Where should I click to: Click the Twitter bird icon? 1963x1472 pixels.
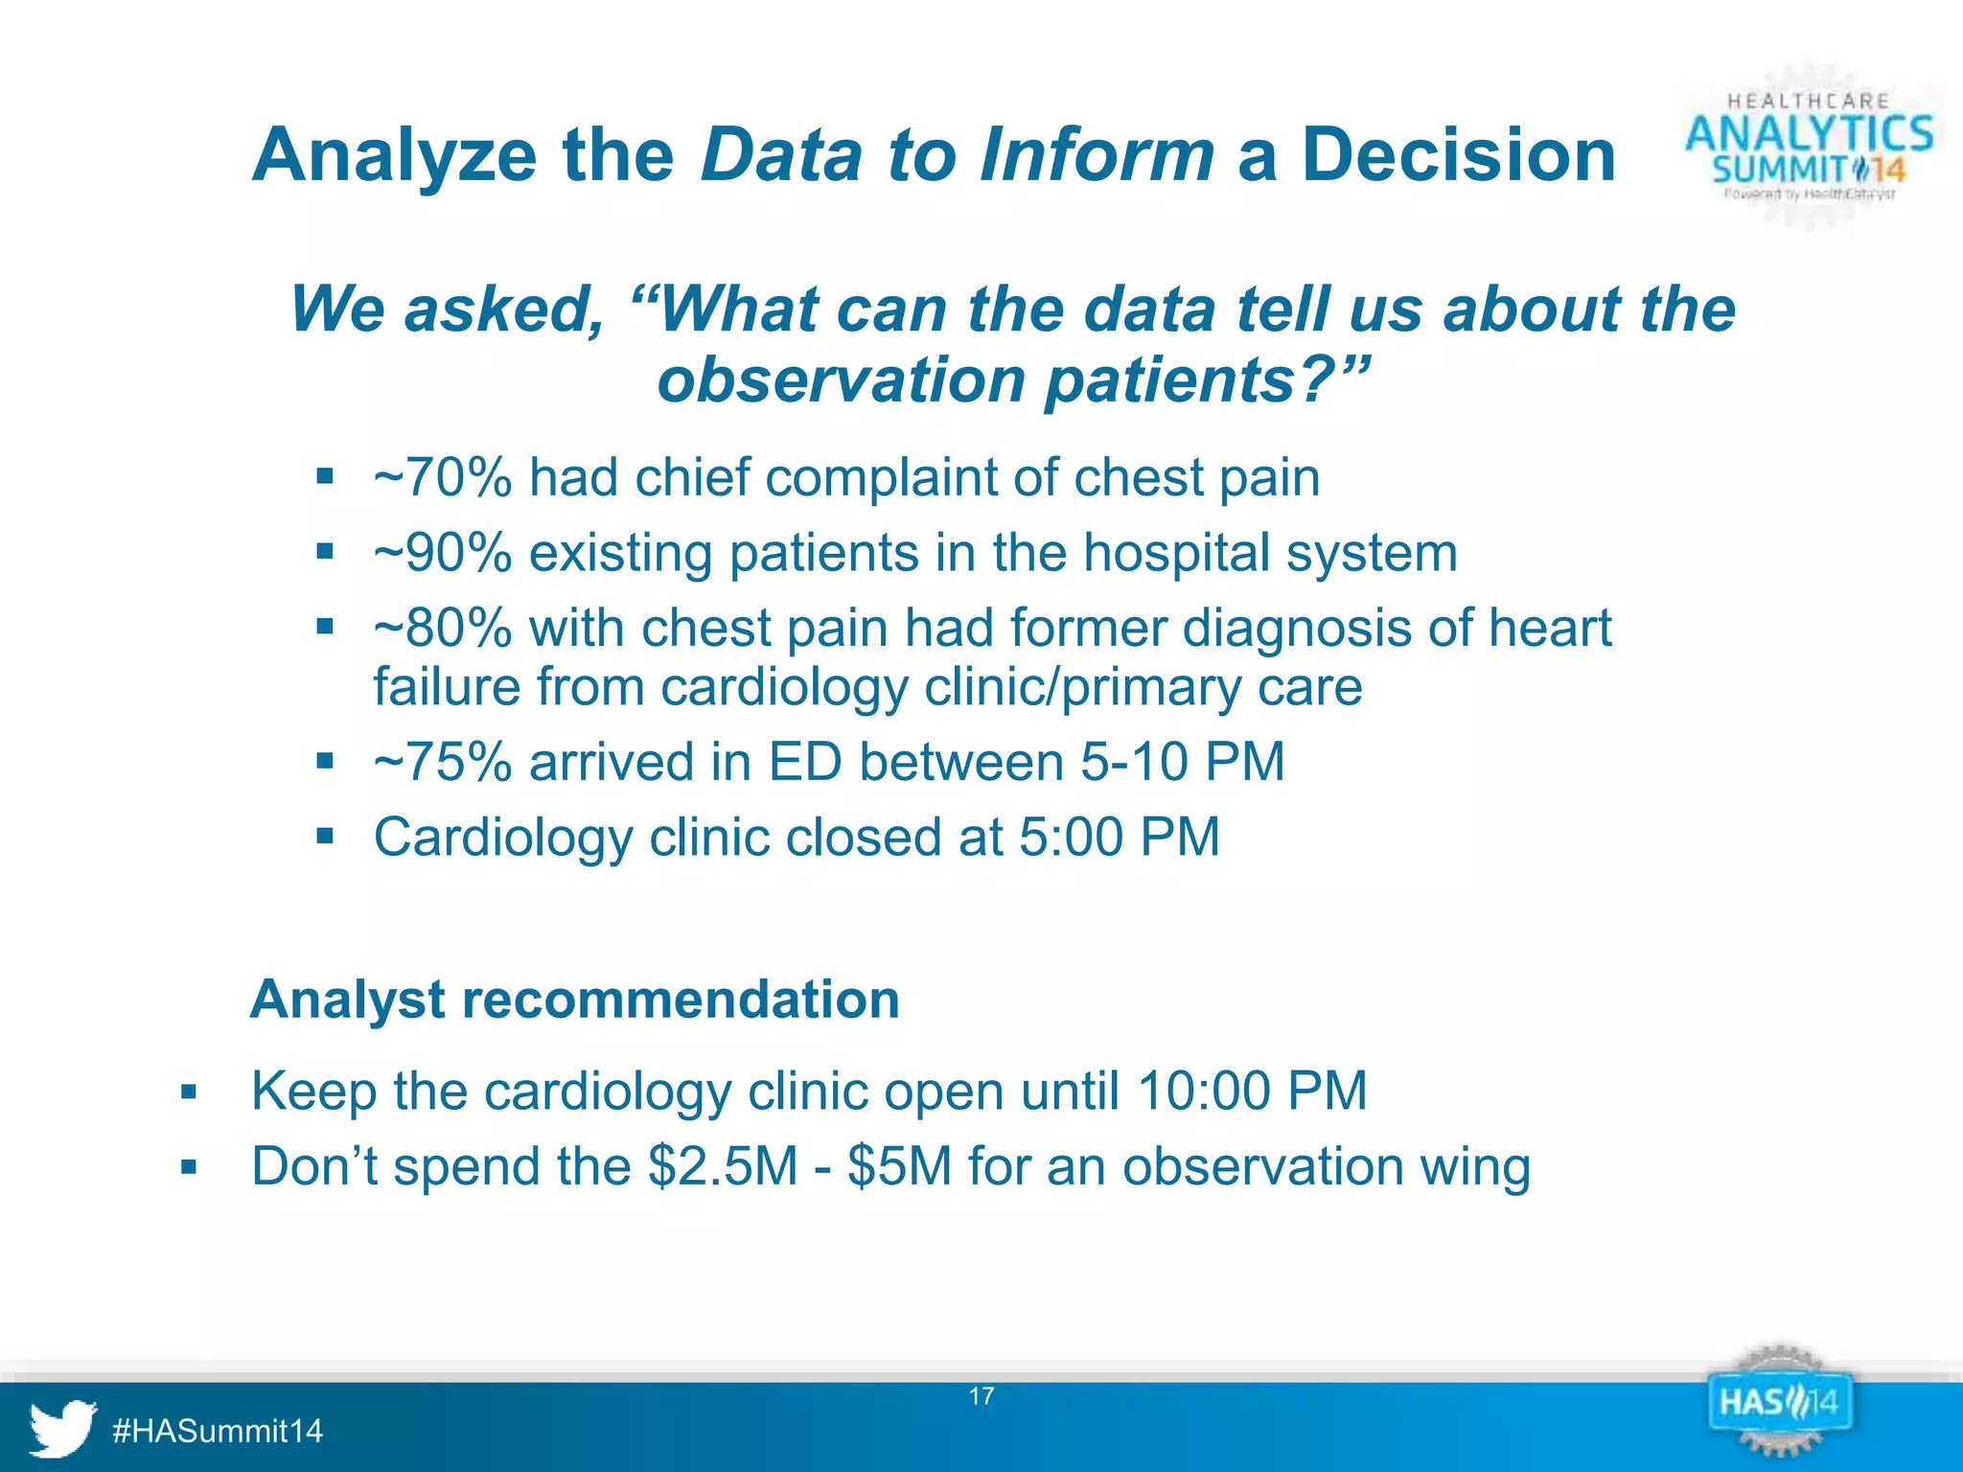[x=62, y=1428]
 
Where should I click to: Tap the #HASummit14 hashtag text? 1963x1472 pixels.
[x=218, y=1431]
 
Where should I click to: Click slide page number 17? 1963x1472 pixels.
[x=981, y=1396]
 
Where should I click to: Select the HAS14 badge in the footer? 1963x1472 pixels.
[x=1779, y=1403]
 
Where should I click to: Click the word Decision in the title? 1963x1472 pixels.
[x=1458, y=155]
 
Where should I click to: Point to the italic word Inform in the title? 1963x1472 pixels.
[x=1097, y=155]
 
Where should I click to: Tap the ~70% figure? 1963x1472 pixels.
[x=443, y=477]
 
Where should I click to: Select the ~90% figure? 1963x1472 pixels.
[x=443, y=553]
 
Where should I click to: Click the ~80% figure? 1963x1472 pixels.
[x=443, y=629]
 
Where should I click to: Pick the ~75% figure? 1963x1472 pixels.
[x=443, y=763]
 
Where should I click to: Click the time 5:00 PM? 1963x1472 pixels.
[x=1119, y=838]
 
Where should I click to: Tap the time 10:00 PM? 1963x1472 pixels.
[x=1252, y=1091]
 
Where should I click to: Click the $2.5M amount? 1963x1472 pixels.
[x=723, y=1166]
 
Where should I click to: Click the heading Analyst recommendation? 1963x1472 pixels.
[x=575, y=1000]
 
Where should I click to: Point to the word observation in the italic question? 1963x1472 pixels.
[x=842, y=380]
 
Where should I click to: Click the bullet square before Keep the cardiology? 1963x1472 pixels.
[x=189, y=1092]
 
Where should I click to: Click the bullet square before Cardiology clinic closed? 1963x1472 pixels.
[x=325, y=837]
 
